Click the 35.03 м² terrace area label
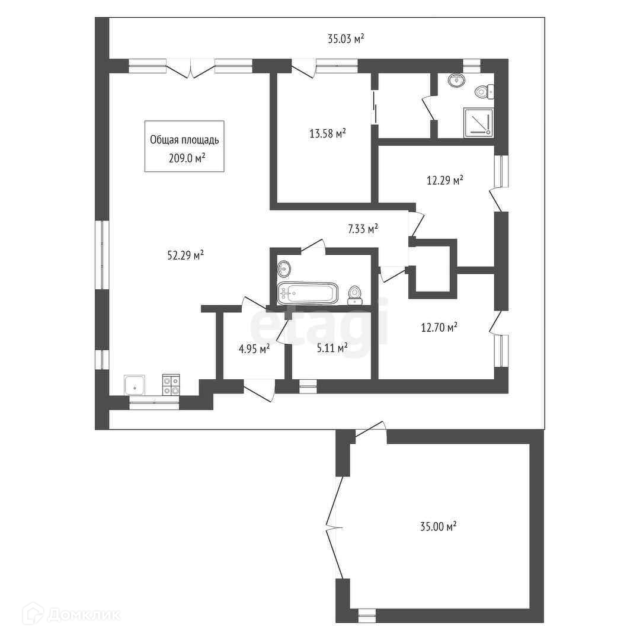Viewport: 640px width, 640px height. click(x=345, y=39)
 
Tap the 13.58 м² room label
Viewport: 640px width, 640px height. click(x=328, y=133)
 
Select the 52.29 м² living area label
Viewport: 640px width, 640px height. click(x=185, y=255)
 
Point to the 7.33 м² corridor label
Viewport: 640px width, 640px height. click(x=363, y=229)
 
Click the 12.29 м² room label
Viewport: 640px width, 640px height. click(x=445, y=180)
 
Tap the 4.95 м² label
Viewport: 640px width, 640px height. click(x=254, y=350)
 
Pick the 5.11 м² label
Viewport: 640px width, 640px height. click(x=332, y=348)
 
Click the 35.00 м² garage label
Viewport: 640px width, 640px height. click(x=438, y=526)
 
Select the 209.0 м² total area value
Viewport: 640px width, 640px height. click(x=187, y=158)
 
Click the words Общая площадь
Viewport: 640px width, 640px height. click(x=184, y=140)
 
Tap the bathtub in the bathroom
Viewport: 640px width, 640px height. click(x=308, y=293)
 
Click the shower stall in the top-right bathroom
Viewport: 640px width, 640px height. click(x=478, y=123)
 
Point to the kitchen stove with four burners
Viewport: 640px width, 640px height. click(x=171, y=385)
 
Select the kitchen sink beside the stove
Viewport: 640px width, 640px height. click(x=135, y=385)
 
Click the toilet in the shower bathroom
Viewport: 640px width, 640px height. click(x=485, y=91)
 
